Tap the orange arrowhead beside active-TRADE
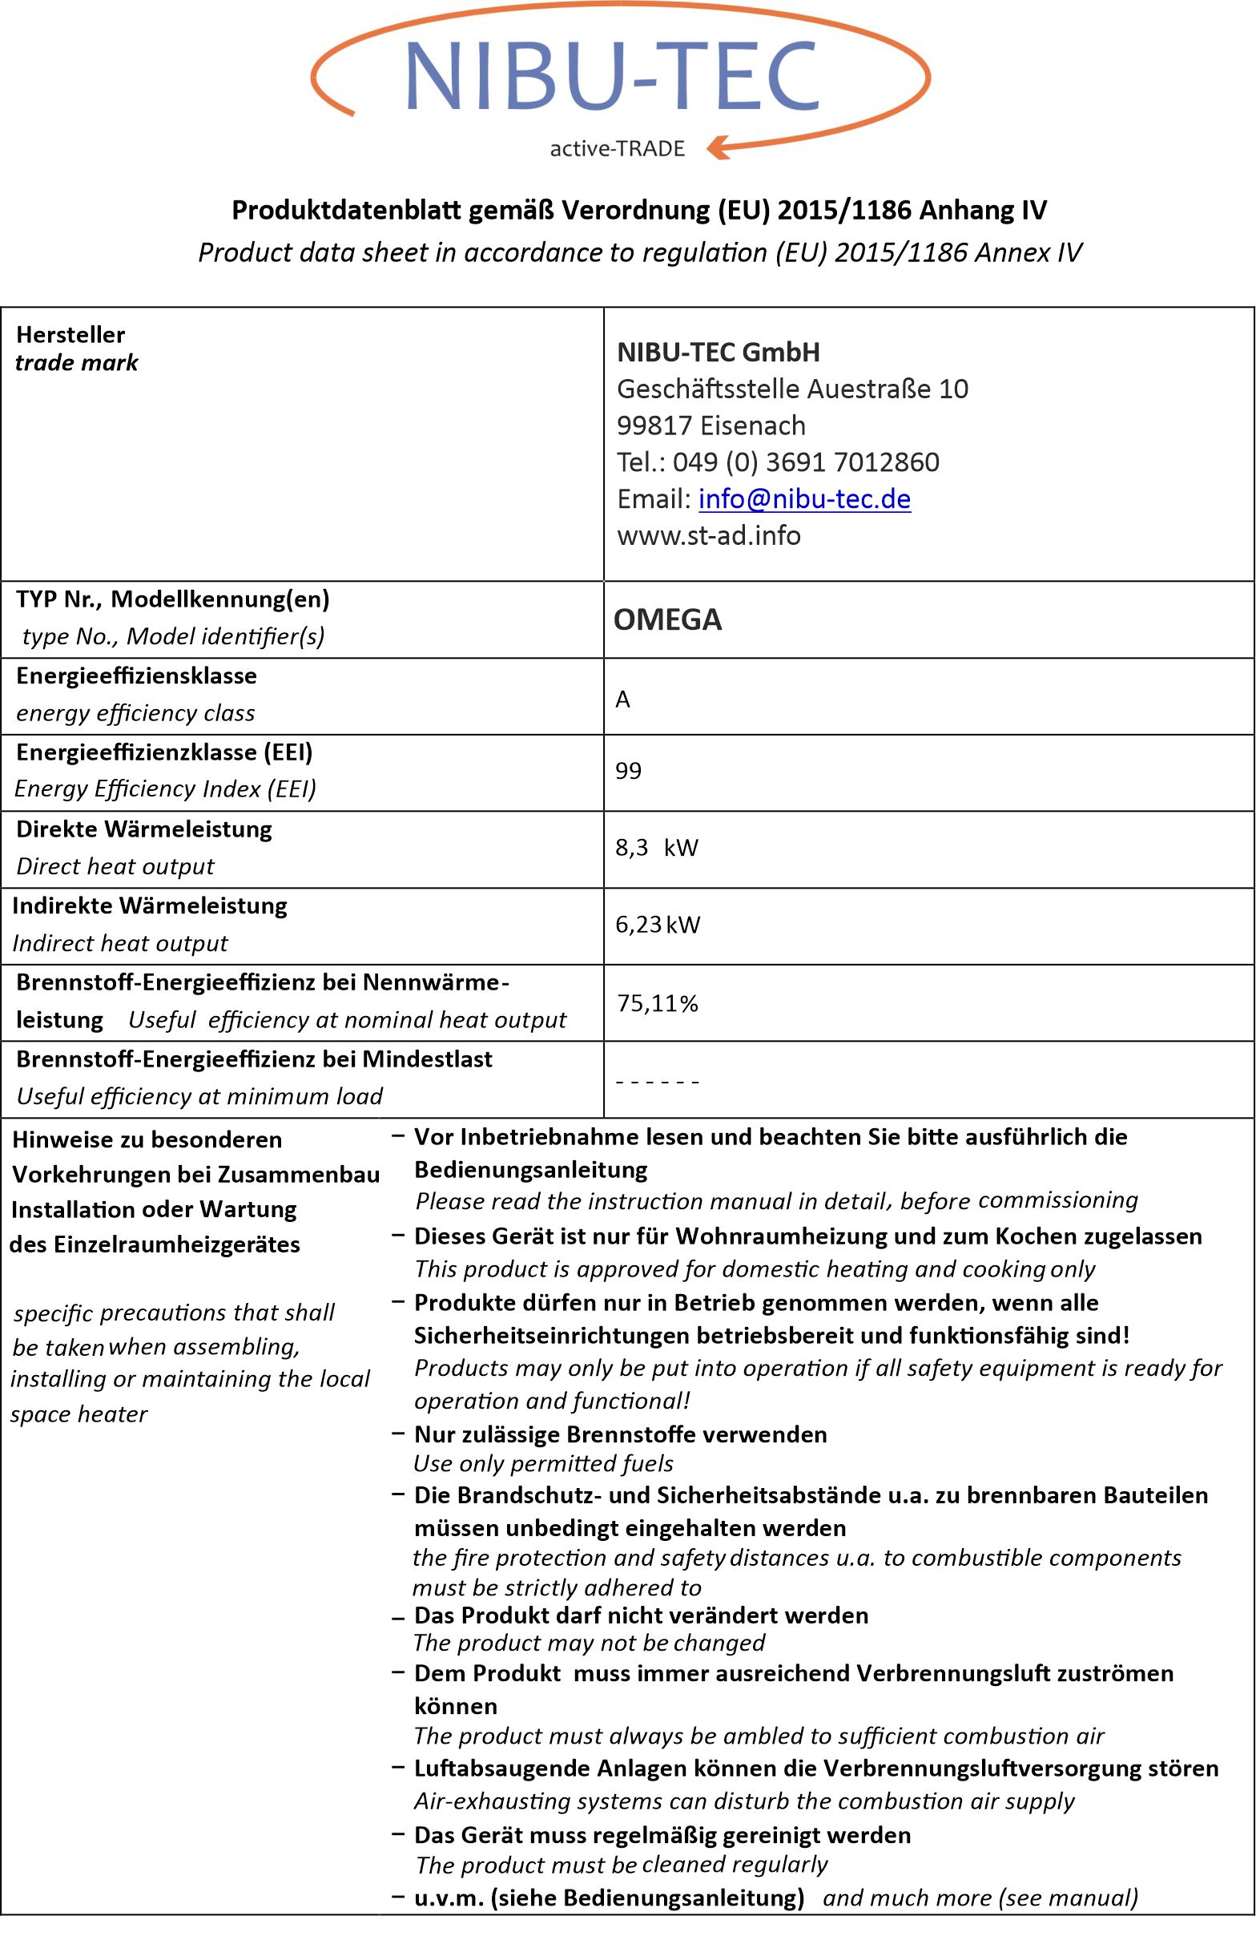(x=719, y=147)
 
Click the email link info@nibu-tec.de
(x=804, y=498)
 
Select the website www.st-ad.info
(x=709, y=535)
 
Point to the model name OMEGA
(x=667, y=619)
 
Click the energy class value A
(x=622, y=699)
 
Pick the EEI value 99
(x=628, y=771)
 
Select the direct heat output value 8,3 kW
(x=657, y=848)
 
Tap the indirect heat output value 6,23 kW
(x=658, y=924)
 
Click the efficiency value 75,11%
(x=658, y=1002)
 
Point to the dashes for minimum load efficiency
(x=658, y=1082)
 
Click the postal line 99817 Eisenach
(x=711, y=425)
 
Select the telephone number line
(x=778, y=462)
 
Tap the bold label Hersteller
(x=71, y=334)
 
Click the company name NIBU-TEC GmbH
(x=719, y=353)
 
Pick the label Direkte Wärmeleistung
(x=144, y=829)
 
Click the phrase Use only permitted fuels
(x=543, y=1463)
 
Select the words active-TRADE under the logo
(x=618, y=148)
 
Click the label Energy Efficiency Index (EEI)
(x=166, y=788)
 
